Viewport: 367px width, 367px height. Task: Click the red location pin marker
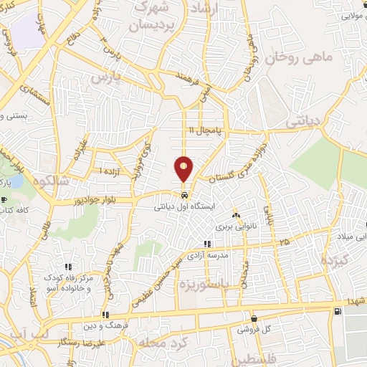[x=184, y=170]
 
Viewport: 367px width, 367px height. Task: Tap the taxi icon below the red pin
[x=185, y=194]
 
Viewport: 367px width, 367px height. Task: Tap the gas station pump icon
[x=337, y=310]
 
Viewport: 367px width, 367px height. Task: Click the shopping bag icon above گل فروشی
[x=254, y=319]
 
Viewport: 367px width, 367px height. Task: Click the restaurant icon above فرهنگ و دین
[x=105, y=315]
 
